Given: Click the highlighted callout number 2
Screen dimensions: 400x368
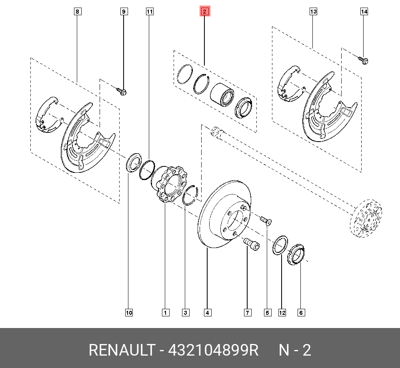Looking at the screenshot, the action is click(205, 11).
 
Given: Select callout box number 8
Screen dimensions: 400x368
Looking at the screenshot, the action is click(78, 12).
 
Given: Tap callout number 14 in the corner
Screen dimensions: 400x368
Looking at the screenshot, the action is click(364, 12).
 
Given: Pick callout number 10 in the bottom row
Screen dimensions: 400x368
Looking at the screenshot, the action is click(129, 313).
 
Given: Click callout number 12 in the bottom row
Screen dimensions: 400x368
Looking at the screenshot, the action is click(282, 313).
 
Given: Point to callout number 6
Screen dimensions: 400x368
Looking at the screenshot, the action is click(301, 313).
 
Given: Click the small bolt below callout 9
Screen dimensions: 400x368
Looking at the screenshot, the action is click(122, 91).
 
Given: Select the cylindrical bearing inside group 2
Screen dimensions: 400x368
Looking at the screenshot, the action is click(222, 94).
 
